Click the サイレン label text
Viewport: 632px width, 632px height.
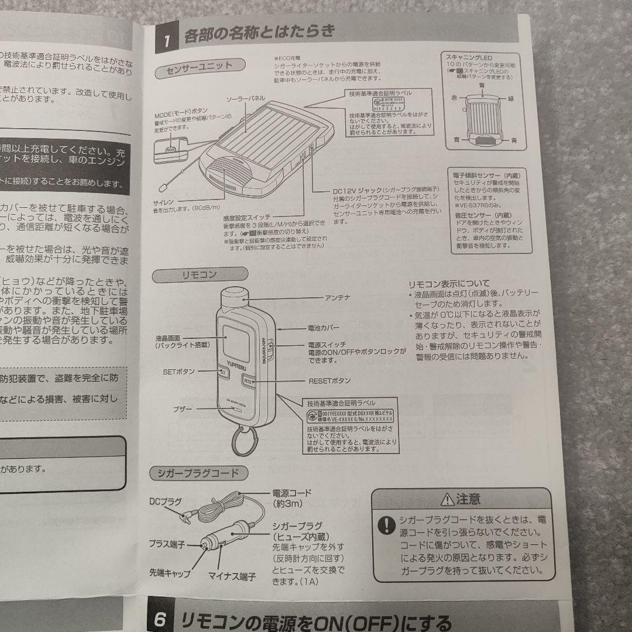159,202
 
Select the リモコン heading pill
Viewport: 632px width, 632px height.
199,274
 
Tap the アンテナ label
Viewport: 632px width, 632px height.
337,298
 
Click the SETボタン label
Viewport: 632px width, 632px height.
179,371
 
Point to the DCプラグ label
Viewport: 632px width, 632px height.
166,502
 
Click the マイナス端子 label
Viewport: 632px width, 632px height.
232,576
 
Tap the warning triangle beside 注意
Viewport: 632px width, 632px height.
447,499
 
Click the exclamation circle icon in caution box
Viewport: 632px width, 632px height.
386,524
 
